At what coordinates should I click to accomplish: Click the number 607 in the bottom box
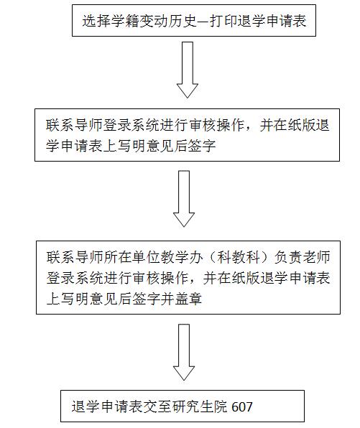click(241, 406)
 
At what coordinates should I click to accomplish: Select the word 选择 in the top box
click(96, 21)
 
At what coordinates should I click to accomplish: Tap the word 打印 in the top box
click(223, 21)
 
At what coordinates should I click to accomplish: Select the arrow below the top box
click(188, 70)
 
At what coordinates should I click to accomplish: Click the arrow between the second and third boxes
click(184, 199)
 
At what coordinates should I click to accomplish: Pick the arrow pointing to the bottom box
click(184, 352)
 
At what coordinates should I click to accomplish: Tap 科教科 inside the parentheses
click(238, 257)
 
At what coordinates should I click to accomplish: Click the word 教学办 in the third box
click(182, 257)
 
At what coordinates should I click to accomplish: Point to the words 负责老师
click(302, 257)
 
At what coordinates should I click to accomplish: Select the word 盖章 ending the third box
click(188, 299)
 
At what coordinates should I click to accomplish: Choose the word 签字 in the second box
click(202, 146)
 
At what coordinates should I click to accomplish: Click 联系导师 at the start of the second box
click(74, 126)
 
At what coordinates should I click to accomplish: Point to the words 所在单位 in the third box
click(131, 257)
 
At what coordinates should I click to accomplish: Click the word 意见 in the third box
click(103, 299)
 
